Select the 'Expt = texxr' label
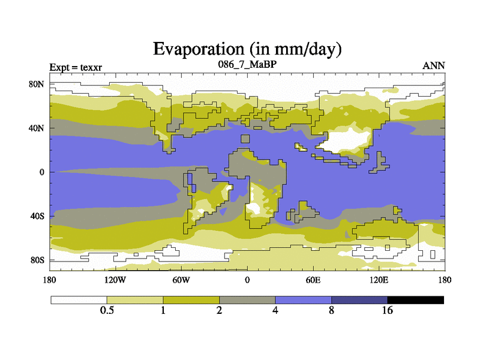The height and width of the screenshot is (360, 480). click(75, 66)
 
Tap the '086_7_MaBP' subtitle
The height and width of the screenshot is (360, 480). click(247, 64)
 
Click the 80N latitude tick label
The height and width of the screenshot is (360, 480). click(37, 84)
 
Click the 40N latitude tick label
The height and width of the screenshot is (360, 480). click(37, 128)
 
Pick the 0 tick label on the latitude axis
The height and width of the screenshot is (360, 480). click(43, 172)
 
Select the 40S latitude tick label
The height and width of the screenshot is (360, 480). click(37, 216)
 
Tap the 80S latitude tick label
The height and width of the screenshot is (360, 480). click(37, 260)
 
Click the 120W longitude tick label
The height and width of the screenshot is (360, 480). click(115, 280)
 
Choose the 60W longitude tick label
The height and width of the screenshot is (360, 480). click(181, 280)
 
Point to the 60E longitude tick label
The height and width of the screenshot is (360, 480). click(313, 280)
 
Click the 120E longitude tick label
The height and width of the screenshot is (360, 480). click(378, 280)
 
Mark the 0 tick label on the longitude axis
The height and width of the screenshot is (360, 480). click(247, 280)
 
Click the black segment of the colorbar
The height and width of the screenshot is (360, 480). click(415, 299)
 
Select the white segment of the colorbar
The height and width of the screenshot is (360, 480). click(79, 299)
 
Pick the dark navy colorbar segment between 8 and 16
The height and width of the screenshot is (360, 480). click(359, 299)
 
